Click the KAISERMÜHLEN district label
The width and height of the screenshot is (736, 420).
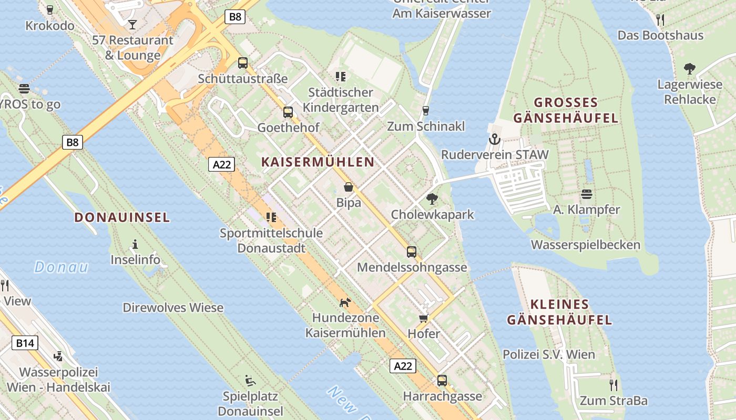(318, 162)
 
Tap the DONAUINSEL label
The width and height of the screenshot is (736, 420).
(122, 217)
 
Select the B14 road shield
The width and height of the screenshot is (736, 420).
(25, 343)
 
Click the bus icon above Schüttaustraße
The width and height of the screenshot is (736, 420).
(243, 63)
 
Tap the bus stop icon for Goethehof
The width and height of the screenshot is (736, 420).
(288, 112)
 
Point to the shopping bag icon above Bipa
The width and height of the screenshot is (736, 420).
(349, 187)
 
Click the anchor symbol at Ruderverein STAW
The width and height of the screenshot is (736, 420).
(494, 139)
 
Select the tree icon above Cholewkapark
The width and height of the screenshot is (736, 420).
(432, 199)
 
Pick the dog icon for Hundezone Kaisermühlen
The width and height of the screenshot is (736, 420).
(345, 302)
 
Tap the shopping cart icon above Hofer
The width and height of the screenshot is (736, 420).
(424, 318)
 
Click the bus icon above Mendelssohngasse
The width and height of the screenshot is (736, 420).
(412, 251)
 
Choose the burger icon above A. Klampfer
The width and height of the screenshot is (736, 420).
(587, 194)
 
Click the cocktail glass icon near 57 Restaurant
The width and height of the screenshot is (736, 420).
(132, 24)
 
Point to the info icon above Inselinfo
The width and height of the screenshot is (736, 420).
(135, 244)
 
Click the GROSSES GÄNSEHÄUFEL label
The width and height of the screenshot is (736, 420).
(566, 110)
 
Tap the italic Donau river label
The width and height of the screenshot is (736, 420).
(62, 267)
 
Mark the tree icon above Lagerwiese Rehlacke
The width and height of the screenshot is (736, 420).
(690, 69)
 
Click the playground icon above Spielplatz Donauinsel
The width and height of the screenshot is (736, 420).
(251, 380)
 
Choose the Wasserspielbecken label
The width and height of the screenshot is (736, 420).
(586, 245)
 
